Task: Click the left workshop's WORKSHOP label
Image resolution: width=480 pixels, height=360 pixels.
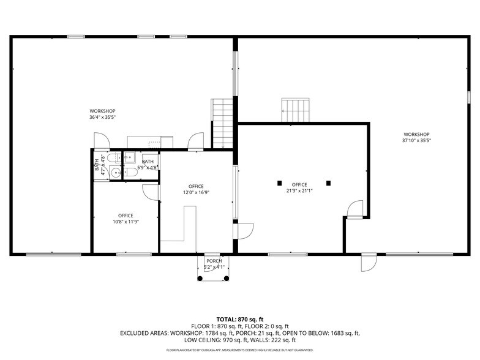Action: (x=102, y=111)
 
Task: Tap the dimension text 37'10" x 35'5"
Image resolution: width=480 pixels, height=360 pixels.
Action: (x=416, y=140)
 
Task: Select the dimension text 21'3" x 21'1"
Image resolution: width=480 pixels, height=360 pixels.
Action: (x=299, y=190)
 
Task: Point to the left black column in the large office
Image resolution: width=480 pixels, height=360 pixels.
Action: (x=279, y=182)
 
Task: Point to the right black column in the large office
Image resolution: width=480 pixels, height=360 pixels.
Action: (x=329, y=182)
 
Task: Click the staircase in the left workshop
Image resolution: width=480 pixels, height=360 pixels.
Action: (x=222, y=123)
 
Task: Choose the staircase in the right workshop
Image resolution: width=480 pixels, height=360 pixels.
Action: (x=296, y=111)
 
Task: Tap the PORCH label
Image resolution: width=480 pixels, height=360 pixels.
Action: (x=214, y=261)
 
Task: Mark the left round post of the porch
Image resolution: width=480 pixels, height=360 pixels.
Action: (x=200, y=279)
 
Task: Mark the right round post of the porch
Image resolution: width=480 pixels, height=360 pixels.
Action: (x=227, y=279)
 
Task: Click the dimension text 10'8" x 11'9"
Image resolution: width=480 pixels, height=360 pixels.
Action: (x=126, y=222)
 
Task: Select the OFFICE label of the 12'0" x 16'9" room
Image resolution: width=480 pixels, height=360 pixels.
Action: (x=196, y=186)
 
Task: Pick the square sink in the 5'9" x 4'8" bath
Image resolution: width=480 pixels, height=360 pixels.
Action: (x=130, y=157)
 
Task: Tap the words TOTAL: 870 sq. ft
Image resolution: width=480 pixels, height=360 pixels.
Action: (x=240, y=320)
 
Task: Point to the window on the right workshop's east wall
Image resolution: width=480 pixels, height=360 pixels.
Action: (x=468, y=97)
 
